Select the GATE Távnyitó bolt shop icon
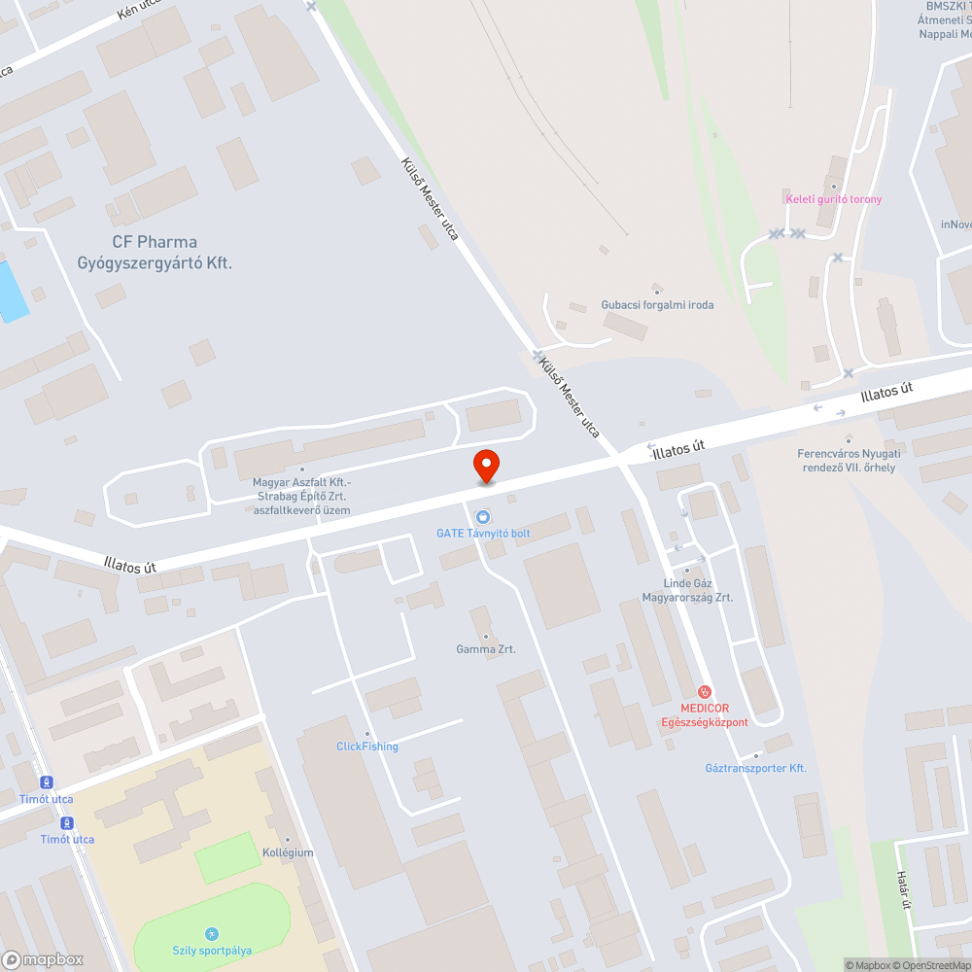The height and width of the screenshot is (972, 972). tap(483, 515)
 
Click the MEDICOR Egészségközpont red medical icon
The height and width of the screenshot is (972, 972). tap(705, 691)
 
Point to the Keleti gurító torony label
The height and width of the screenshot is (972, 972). tap(834, 199)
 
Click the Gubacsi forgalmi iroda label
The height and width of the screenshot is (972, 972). tap(657, 304)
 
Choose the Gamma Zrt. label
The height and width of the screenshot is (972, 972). tap(486, 648)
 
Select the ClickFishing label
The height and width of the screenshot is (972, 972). tap(367, 746)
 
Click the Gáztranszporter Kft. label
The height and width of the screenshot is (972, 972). tap(756, 768)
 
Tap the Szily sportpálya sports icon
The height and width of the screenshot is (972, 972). tap(212, 933)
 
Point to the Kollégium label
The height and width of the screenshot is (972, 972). tap(288, 852)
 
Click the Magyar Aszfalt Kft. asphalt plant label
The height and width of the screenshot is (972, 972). tap(301, 496)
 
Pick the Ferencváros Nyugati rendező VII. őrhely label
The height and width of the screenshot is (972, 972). tap(848, 460)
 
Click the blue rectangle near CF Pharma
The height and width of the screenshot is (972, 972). tap(12, 291)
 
